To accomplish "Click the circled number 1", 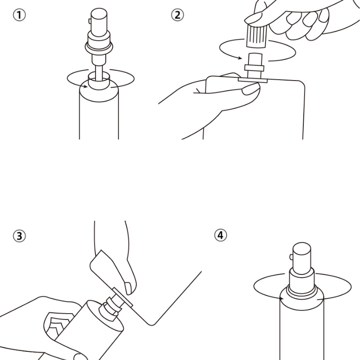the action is tap(19, 15).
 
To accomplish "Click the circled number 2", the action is tap(177, 15).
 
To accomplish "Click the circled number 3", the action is tap(19, 236).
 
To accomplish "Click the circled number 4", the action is tap(220, 235).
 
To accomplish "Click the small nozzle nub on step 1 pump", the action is tap(90, 21).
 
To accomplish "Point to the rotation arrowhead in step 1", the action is tap(85, 86).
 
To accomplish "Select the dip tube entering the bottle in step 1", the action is tap(99, 73).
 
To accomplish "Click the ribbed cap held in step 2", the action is tap(257, 36).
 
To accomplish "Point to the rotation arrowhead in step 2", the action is tap(240, 58).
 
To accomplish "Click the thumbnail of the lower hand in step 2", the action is tap(251, 89).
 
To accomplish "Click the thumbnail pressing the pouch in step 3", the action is tap(128, 288).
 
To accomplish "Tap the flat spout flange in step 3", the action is tap(122, 297).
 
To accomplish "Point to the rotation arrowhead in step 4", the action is tap(282, 299).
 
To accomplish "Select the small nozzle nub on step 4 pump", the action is tap(291, 257).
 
